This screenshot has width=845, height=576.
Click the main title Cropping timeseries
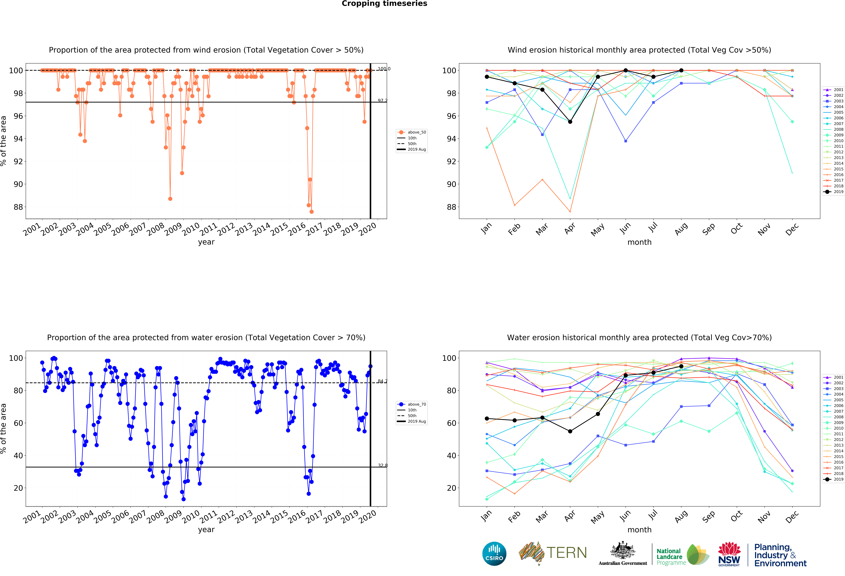[x=384, y=4]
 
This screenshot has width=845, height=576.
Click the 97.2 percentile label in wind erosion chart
[x=382, y=100]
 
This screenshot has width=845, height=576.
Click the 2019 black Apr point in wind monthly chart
[x=570, y=122]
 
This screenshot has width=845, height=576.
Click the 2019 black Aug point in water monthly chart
[x=681, y=366]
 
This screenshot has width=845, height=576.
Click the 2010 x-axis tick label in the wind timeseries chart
[x=191, y=229]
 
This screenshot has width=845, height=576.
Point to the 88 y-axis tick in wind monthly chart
[x=451, y=207]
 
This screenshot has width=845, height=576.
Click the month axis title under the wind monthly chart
[x=639, y=242]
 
